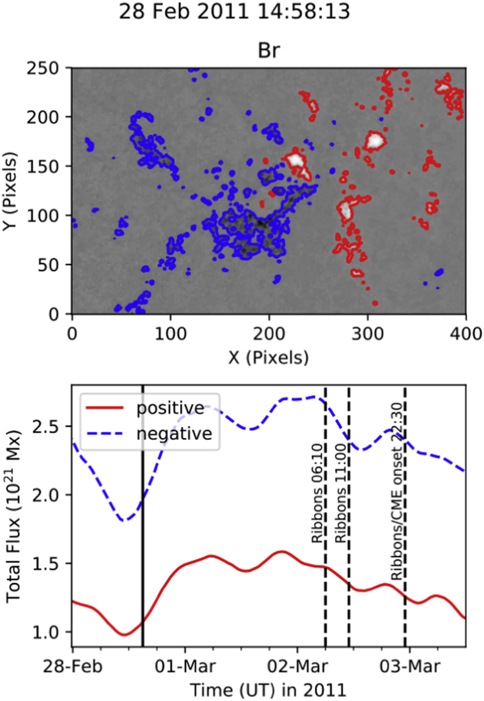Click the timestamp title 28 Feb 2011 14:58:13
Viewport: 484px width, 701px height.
click(x=234, y=11)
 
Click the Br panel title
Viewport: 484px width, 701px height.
click(x=269, y=50)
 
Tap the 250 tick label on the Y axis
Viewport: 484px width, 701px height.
click(x=42, y=68)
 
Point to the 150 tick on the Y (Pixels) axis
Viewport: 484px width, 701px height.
click(x=42, y=166)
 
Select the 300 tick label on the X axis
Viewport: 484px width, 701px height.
click(x=367, y=334)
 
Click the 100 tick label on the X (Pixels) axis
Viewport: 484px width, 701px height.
click(x=170, y=334)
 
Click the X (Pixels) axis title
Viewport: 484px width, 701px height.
click(x=269, y=357)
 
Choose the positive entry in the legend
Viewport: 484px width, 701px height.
click(x=170, y=408)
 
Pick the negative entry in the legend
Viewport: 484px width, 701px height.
click(x=174, y=434)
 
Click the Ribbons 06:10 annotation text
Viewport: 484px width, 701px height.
click(x=317, y=493)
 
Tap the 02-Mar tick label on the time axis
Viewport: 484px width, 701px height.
click(x=298, y=666)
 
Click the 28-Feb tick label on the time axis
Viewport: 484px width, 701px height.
click(x=73, y=666)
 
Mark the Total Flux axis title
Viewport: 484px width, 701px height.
click(x=14, y=517)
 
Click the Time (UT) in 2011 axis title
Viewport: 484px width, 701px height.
click(x=268, y=689)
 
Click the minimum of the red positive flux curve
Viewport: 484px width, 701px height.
click(x=125, y=635)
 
